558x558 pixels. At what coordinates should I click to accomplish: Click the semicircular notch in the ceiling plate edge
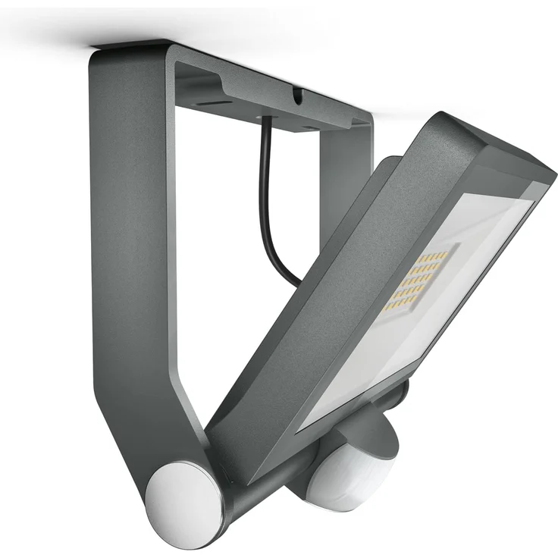[x=298, y=94]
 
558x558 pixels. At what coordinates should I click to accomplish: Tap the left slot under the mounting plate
[x=217, y=102]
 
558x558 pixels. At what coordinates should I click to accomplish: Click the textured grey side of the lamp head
[x=334, y=303]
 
